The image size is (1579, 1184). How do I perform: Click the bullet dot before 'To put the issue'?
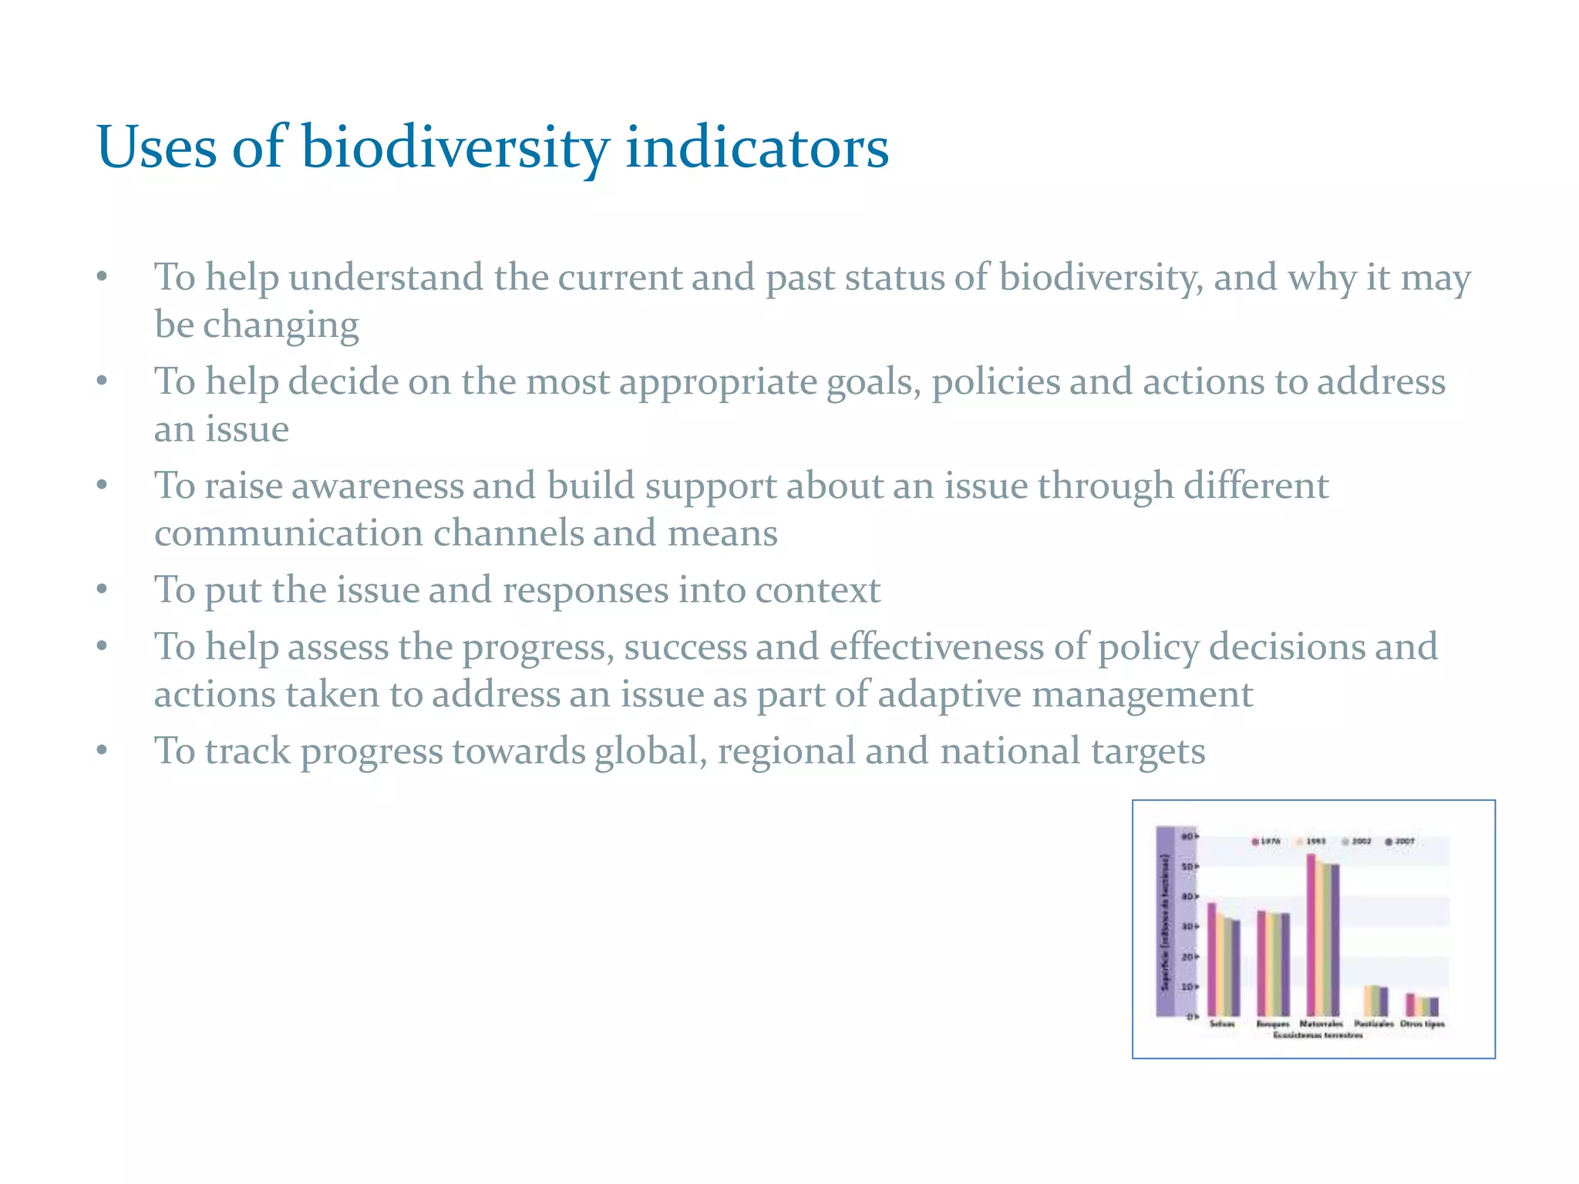coord(102,590)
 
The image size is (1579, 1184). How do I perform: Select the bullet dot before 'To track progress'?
coord(102,752)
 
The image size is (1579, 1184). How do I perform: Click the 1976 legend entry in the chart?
coord(1265,841)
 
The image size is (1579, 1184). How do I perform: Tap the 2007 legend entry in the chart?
coord(1400,841)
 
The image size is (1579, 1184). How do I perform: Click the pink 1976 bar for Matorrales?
coord(1311,934)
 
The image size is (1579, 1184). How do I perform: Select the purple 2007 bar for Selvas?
coord(1237,967)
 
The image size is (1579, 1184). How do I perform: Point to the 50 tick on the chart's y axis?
coord(1188,866)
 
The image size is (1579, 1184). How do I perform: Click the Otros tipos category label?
coord(1422,1024)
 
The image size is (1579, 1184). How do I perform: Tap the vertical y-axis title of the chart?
coord(1165,921)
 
